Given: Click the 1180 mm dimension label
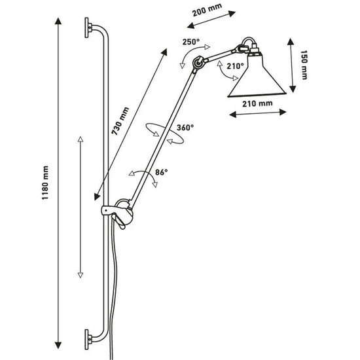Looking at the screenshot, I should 45,185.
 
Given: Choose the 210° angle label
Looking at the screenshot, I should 235,66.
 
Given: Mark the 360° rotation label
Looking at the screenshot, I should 185,128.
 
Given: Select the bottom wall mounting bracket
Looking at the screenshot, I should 88,339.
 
